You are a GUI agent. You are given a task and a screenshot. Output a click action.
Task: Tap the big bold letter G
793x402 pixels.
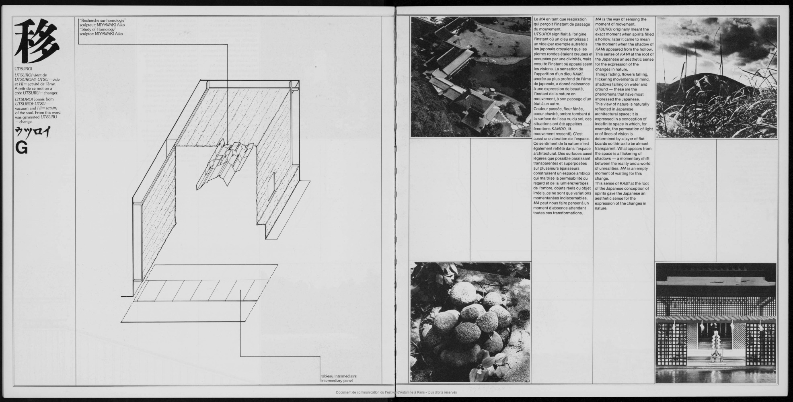[22, 149]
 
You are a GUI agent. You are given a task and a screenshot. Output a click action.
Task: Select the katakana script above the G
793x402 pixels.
[31, 132]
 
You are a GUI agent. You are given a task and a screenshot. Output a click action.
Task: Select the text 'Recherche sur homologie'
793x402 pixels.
[103, 20]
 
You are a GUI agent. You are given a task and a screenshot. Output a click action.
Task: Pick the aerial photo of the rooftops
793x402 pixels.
[470, 77]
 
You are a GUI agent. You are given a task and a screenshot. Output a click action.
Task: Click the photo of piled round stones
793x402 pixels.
[470, 322]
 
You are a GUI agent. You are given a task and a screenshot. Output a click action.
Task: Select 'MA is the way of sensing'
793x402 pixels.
[620, 19]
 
